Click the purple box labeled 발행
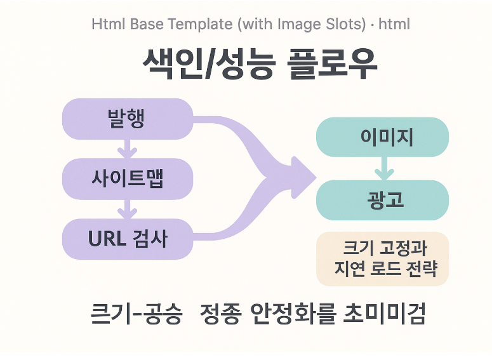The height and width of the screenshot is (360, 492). click(x=127, y=119)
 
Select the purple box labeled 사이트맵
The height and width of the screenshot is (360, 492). click(x=127, y=179)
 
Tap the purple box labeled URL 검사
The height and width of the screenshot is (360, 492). click(x=127, y=239)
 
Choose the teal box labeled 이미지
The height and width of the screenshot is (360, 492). click(x=382, y=137)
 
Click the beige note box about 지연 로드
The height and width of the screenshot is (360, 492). click(x=382, y=258)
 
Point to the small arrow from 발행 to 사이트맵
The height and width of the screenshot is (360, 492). click(x=128, y=150)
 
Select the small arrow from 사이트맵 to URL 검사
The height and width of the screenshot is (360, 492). click(x=128, y=209)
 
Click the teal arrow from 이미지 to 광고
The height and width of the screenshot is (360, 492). click(x=383, y=168)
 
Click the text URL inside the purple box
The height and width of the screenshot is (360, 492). click(x=107, y=239)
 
